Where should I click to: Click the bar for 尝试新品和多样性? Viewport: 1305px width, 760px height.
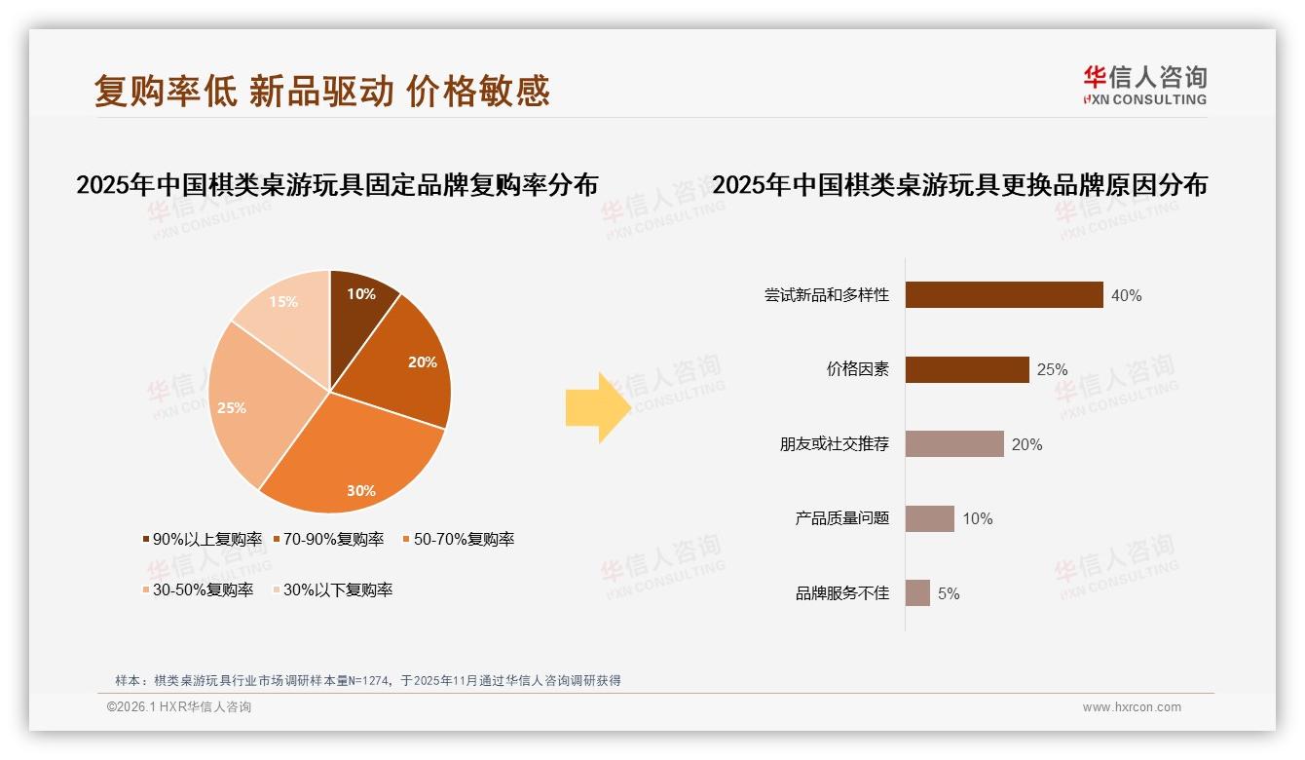tap(1003, 295)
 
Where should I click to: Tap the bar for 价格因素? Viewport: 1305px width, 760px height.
tap(966, 369)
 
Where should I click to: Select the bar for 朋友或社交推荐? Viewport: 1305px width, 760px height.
tap(953, 444)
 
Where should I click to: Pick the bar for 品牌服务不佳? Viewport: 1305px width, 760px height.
tap(917, 592)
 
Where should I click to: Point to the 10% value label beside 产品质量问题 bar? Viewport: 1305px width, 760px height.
tap(978, 518)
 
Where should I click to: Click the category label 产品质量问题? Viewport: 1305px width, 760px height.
tap(842, 518)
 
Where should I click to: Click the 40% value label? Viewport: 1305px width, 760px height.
tap(1126, 295)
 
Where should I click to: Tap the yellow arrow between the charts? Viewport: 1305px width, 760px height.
tap(597, 407)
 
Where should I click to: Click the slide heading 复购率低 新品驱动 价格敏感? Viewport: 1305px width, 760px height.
tap(321, 91)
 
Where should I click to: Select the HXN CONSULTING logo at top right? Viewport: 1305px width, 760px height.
tap(1144, 86)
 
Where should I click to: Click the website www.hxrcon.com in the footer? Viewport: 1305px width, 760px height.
tap(1132, 707)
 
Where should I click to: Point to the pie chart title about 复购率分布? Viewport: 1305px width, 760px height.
tap(337, 185)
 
